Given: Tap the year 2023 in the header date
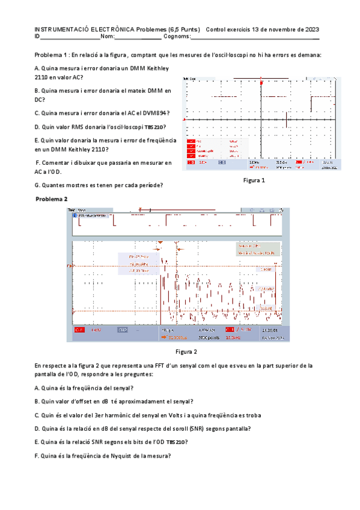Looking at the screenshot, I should click(311, 29).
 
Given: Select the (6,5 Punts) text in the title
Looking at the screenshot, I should click(184, 29).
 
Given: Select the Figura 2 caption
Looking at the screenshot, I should click(186, 352).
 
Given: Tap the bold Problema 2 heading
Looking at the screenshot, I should click(52, 199).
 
